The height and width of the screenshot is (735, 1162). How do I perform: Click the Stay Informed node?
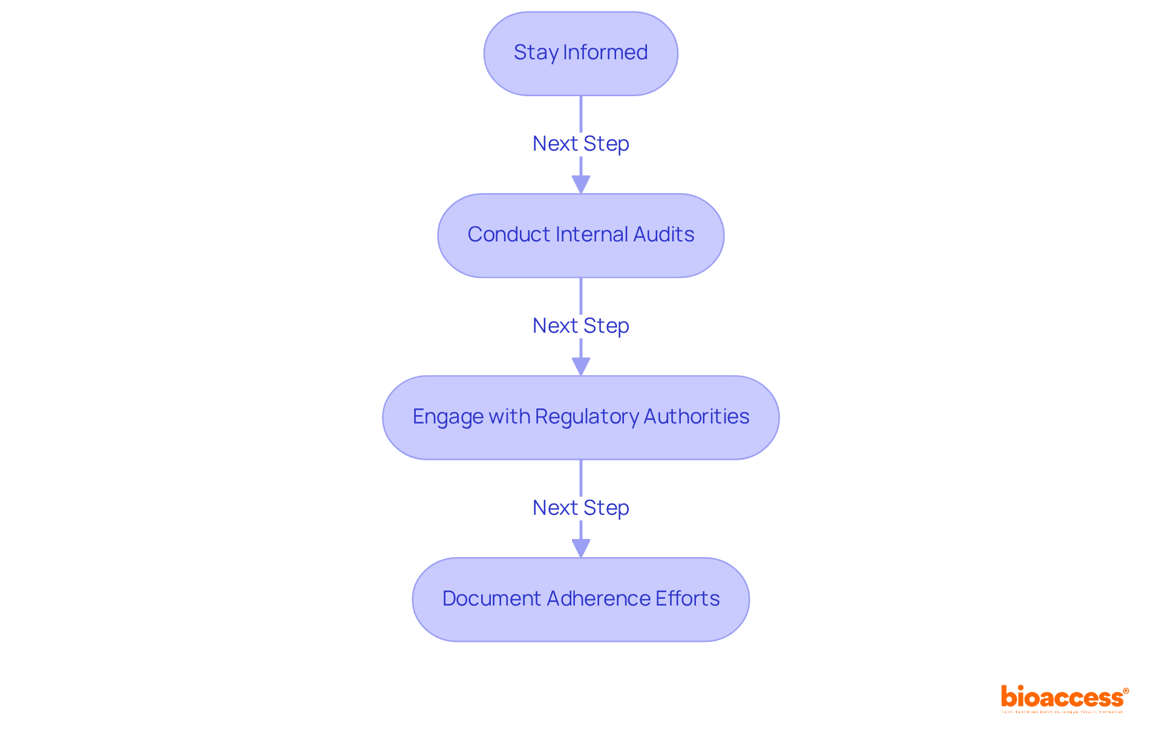coord(580,54)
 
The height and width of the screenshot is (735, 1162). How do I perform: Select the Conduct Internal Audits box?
coord(580,235)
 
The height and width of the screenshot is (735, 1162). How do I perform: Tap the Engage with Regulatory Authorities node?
coord(580,417)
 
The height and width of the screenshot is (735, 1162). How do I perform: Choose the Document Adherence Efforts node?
coord(580,599)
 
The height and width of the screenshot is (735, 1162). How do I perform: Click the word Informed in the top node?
coord(605,53)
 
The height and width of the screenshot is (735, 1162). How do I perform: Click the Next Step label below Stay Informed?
coord(580,144)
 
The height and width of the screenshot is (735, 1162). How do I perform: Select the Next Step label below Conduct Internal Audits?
coord(580,326)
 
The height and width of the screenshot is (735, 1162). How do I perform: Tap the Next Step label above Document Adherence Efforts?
coord(580,508)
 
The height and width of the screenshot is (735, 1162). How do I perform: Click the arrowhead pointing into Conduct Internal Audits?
coord(580,185)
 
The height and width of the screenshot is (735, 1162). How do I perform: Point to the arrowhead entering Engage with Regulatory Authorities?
coord(580,367)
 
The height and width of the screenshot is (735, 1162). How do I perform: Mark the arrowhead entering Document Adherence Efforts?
coord(580,549)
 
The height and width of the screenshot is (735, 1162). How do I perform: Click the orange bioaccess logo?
coord(1062,698)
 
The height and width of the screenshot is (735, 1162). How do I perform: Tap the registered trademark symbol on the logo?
coord(1126,691)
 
